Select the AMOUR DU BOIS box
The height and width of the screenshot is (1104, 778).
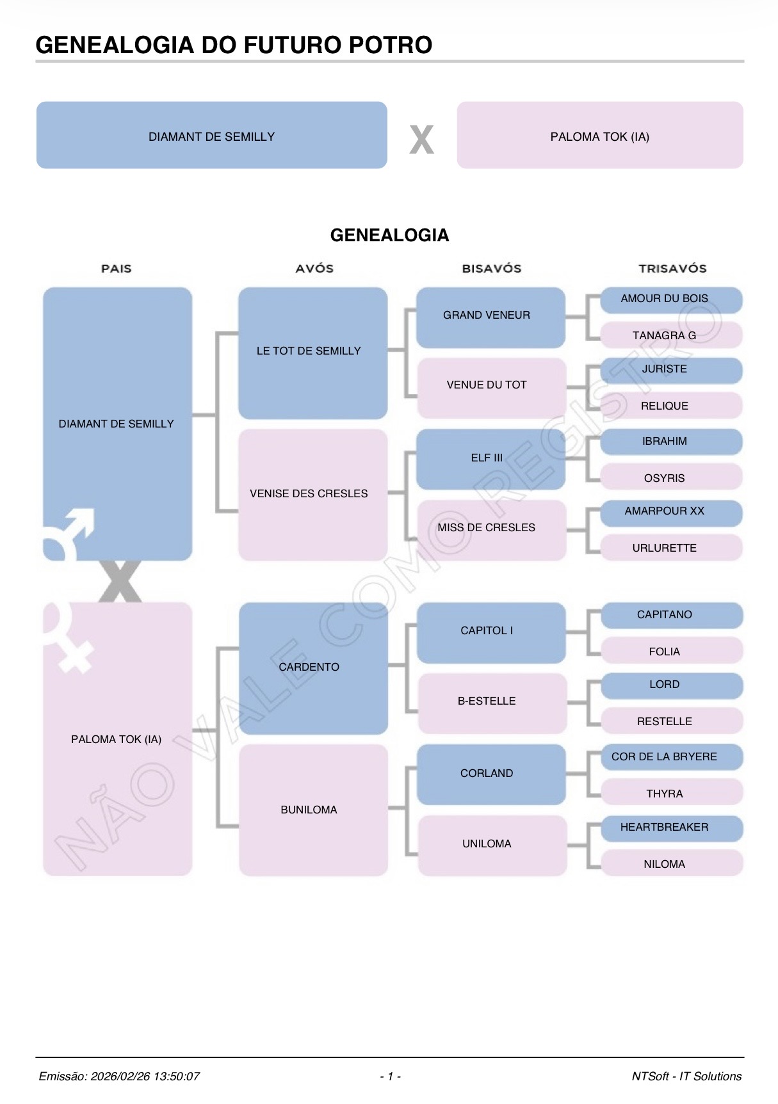tap(670, 300)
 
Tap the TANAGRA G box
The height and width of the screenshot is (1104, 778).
tap(670, 335)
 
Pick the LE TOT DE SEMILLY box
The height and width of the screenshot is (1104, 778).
tap(312, 353)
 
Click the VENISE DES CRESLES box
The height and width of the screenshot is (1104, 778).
tap(312, 495)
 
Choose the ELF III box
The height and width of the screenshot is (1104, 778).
tap(490, 459)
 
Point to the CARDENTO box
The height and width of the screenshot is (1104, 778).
tap(312, 668)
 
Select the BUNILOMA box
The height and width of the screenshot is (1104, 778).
tap(312, 810)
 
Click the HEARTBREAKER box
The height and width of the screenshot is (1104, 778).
tap(670, 828)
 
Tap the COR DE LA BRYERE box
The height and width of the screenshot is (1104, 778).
tap(670, 757)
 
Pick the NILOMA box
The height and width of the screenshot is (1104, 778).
tap(670, 864)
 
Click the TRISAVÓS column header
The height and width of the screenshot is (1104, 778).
tap(672, 269)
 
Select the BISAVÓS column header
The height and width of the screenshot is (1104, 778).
tap(492, 269)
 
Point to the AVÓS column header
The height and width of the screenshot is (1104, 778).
tap(314, 269)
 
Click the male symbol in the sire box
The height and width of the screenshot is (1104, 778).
tap(71, 531)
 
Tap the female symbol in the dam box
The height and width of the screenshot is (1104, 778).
tap(69, 640)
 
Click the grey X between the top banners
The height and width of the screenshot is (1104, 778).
tap(421, 140)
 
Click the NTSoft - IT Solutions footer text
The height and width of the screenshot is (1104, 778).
tap(686, 1076)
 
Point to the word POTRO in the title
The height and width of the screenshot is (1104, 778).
tap(390, 45)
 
